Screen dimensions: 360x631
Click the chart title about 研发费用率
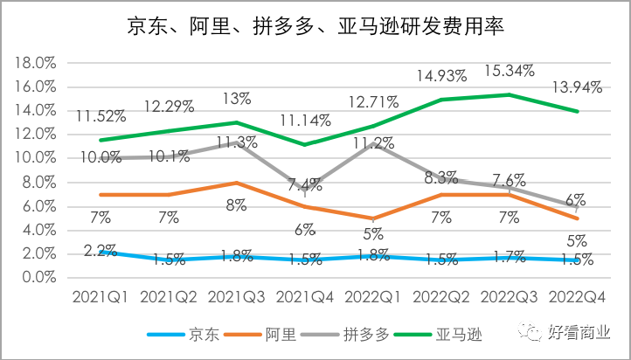tap(315, 26)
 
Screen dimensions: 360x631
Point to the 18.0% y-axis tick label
tap(36, 63)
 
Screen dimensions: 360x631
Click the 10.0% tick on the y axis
tap(36, 158)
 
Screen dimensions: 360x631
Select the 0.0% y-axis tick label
tap(38, 277)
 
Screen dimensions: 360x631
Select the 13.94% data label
tap(576, 87)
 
